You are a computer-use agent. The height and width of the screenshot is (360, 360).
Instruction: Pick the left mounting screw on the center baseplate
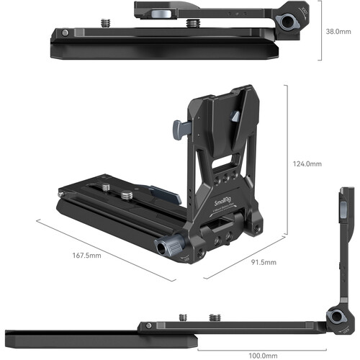(x=107, y=189)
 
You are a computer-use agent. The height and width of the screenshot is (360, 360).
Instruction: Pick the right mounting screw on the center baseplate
(x=127, y=194)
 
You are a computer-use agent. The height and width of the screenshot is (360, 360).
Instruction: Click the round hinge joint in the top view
(x=291, y=22)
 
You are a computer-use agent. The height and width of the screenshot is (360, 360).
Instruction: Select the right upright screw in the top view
(x=190, y=24)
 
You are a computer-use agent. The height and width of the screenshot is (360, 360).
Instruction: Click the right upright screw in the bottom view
(x=214, y=317)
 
